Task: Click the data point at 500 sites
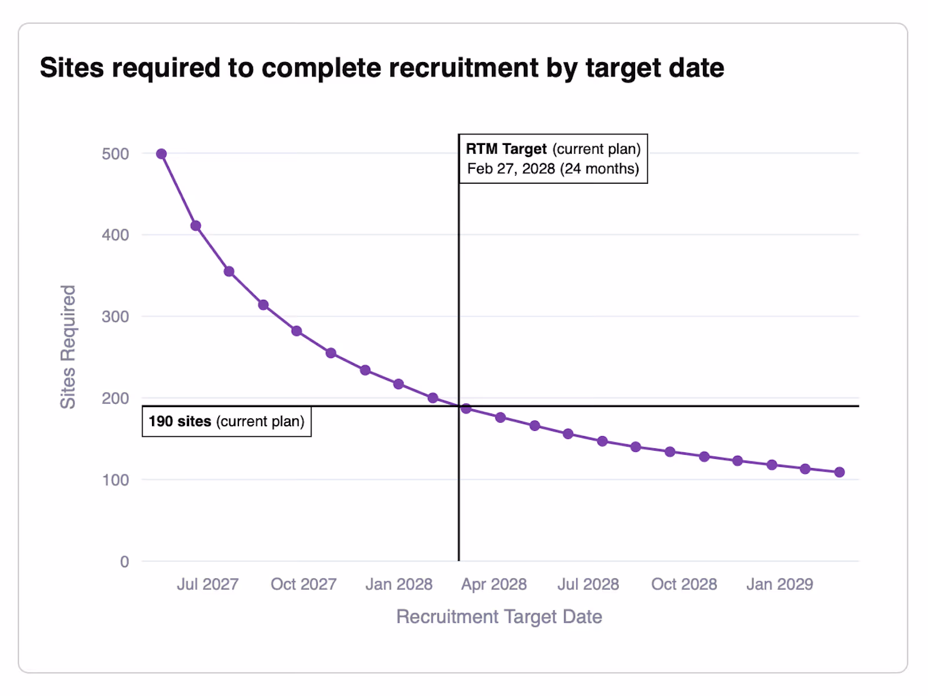[161, 154]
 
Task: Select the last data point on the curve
[839, 472]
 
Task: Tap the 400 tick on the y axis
[115, 235]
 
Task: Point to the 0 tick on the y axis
[124, 561]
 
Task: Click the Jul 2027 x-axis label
[208, 584]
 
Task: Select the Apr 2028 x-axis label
[494, 584]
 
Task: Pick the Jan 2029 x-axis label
[779, 584]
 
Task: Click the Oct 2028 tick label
[684, 584]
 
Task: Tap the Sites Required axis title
[68, 347]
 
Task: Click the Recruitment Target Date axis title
[499, 617]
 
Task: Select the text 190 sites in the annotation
[180, 421]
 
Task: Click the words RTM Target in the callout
[506, 149]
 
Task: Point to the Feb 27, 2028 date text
[511, 169]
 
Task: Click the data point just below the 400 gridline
[195, 226]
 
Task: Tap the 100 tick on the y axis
[115, 480]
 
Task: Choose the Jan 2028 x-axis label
[398, 584]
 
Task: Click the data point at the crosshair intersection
[466, 408]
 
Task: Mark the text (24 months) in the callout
[599, 169]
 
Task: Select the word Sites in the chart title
[72, 68]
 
